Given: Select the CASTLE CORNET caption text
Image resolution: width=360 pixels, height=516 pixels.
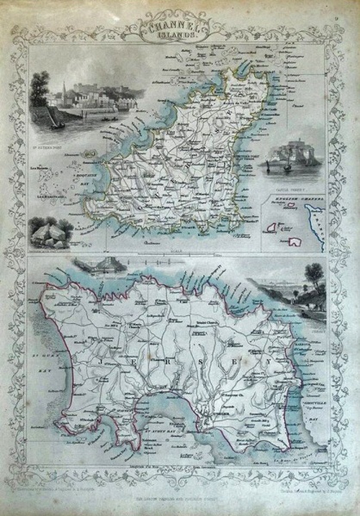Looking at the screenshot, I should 292,185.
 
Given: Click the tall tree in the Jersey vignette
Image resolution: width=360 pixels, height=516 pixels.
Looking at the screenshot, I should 305,284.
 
